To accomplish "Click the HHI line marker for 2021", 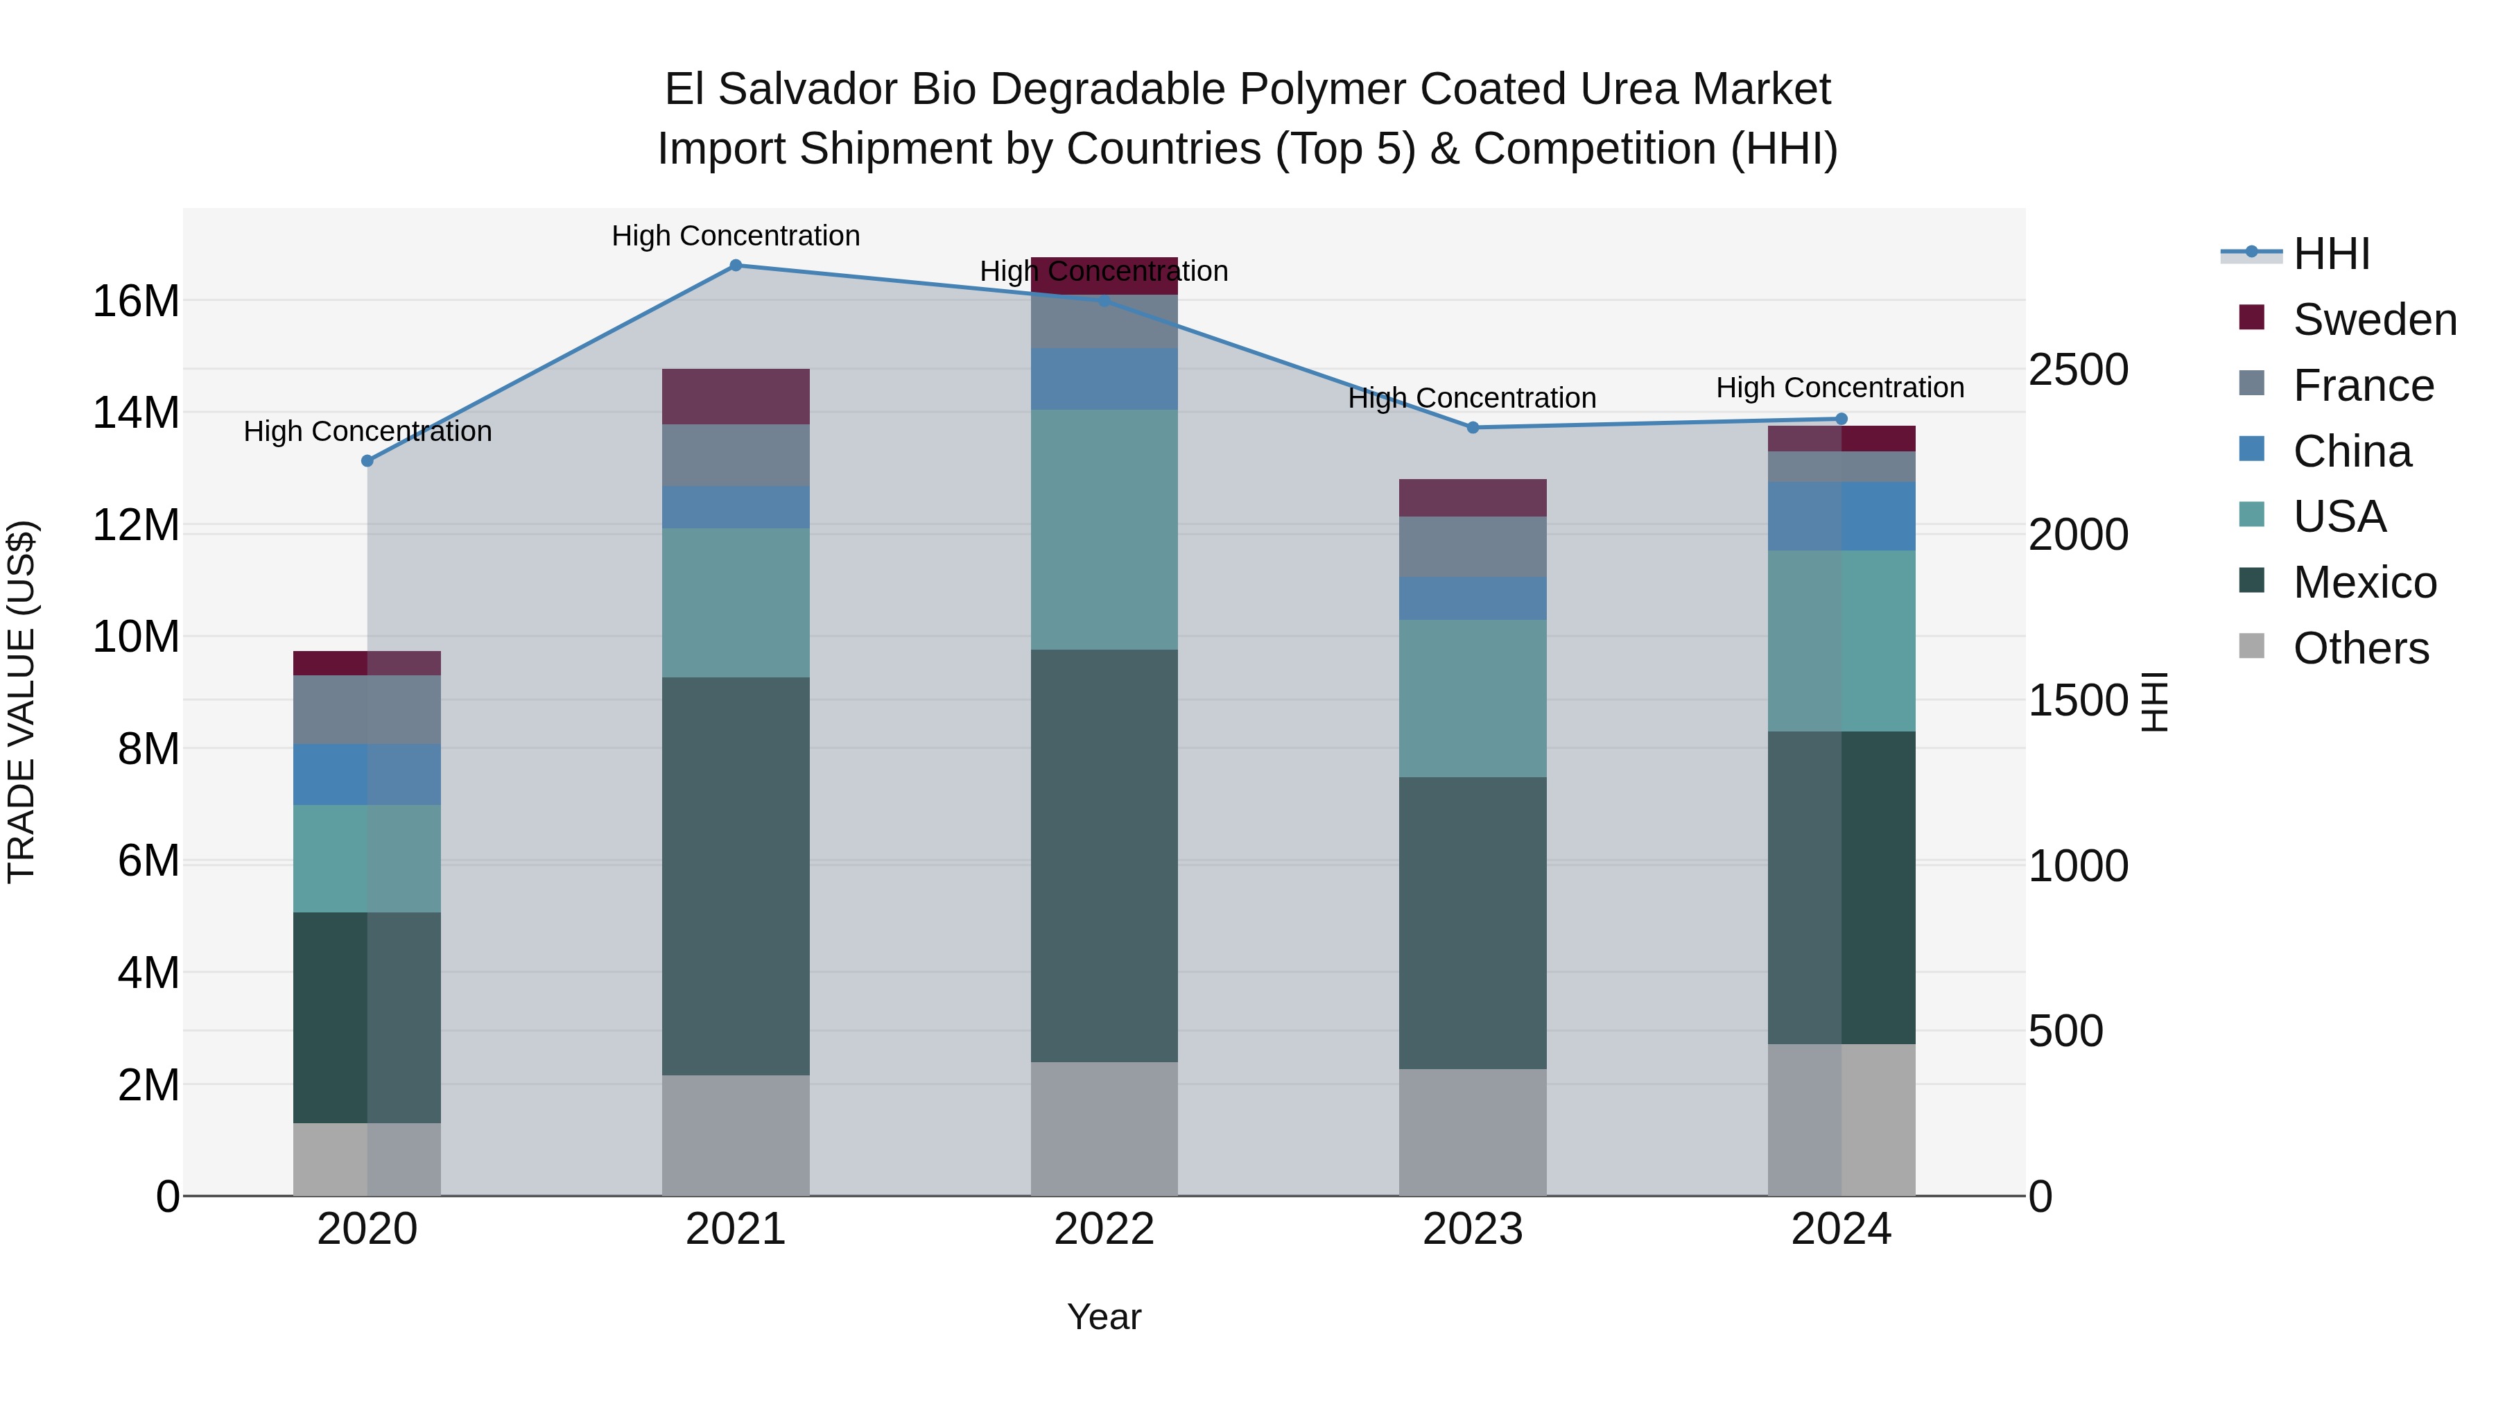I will point(736,266).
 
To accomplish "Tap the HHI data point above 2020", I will point(367,461).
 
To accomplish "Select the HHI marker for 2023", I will point(1473,427).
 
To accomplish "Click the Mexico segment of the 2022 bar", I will point(1104,855).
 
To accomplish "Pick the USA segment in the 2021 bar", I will point(736,602).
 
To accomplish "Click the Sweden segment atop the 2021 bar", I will point(736,397).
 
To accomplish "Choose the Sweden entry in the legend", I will point(2374,320).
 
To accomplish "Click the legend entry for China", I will point(2352,451).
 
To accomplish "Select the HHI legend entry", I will point(2331,254).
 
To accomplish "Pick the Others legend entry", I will point(2360,648).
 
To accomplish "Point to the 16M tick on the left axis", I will point(136,302).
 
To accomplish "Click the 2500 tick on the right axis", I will point(2079,370).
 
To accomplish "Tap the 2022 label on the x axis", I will point(1104,1229).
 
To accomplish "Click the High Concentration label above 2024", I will point(1840,388).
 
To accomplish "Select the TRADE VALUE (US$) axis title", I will point(21,702).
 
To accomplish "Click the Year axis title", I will point(1104,1317).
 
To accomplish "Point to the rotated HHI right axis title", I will point(2153,702).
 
